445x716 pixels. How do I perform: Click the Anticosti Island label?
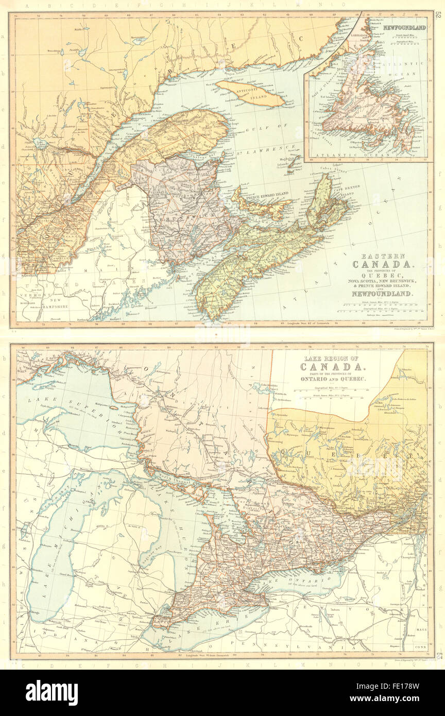tap(250, 92)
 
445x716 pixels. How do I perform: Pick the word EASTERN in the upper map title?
tap(370, 256)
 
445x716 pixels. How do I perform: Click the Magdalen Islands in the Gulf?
tap(292, 164)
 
